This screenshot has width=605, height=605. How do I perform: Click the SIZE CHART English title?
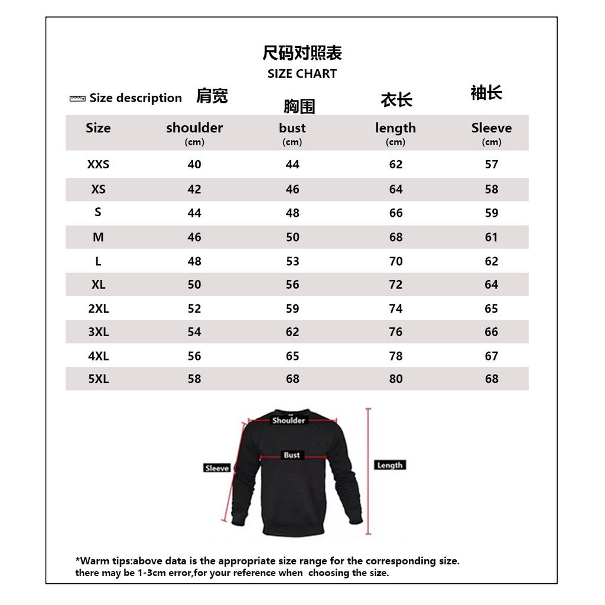[302, 74]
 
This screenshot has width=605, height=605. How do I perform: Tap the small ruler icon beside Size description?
[77, 98]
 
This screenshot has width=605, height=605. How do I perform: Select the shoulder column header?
[194, 128]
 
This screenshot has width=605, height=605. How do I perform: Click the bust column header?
[292, 128]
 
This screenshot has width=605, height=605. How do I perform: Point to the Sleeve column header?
[492, 128]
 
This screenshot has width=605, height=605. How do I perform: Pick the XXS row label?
[98, 165]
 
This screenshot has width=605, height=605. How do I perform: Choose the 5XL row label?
[99, 379]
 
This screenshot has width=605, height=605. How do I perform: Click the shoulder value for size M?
[194, 238]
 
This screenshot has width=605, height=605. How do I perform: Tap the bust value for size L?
[292, 262]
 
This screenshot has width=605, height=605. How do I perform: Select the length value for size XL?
[396, 285]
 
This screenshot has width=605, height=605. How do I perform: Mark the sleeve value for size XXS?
[492, 165]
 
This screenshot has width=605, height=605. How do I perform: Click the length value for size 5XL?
[396, 379]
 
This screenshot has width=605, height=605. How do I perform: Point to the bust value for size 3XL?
[292, 332]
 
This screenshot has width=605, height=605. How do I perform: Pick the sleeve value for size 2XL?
[492, 309]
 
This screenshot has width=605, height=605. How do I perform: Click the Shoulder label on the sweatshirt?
[288, 421]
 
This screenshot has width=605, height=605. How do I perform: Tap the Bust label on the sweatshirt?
[292, 456]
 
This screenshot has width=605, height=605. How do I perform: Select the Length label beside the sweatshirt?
[390, 466]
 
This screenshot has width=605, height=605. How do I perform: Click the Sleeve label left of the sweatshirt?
[217, 468]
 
